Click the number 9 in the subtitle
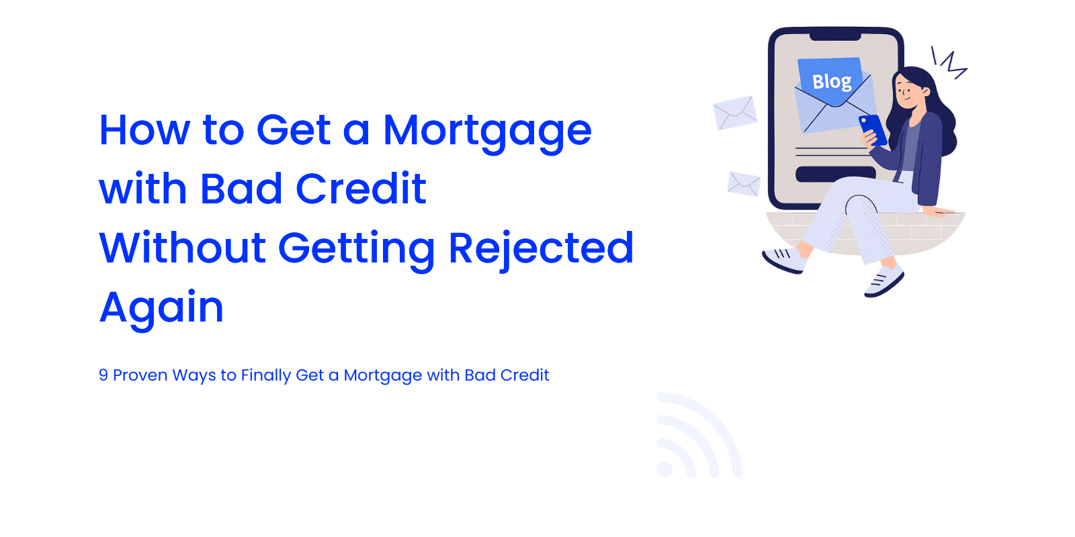103,375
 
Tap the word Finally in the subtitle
265,376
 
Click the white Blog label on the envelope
832,81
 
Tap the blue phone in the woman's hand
873,130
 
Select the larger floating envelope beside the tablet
735,113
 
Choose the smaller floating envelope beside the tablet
744,184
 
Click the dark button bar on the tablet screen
836,174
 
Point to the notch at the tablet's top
835,36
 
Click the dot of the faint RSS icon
664,469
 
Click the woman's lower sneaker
884,282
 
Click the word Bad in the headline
241,189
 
